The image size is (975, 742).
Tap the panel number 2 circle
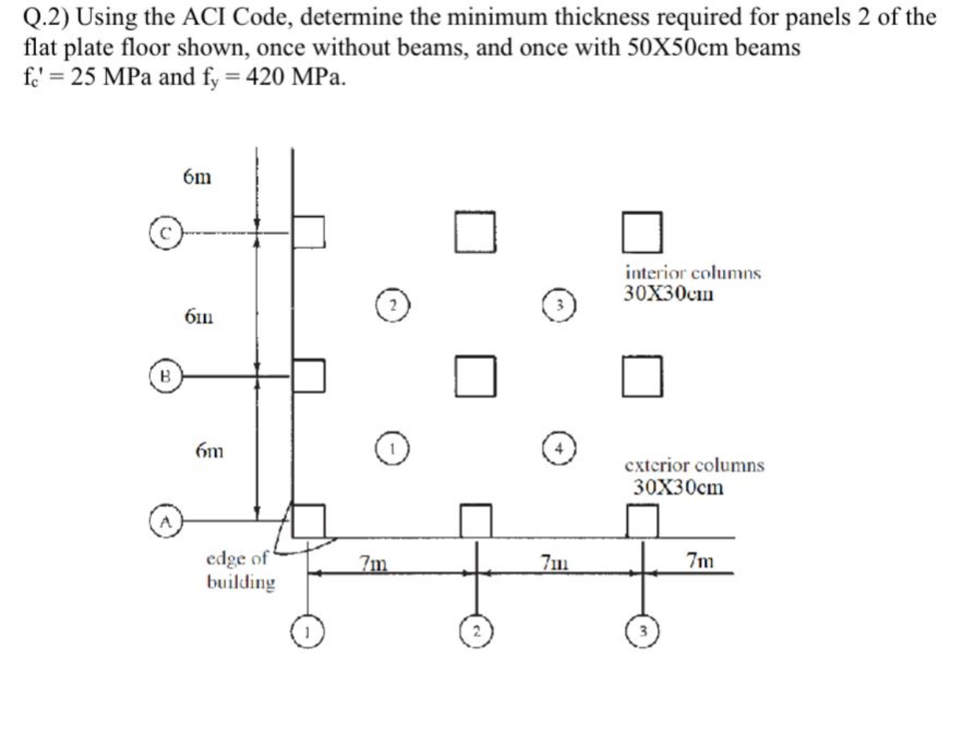(x=393, y=303)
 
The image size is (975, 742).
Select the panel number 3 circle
(x=561, y=303)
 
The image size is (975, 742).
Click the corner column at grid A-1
(x=309, y=520)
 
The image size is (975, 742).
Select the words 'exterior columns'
(x=695, y=466)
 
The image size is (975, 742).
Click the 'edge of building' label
(x=239, y=571)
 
